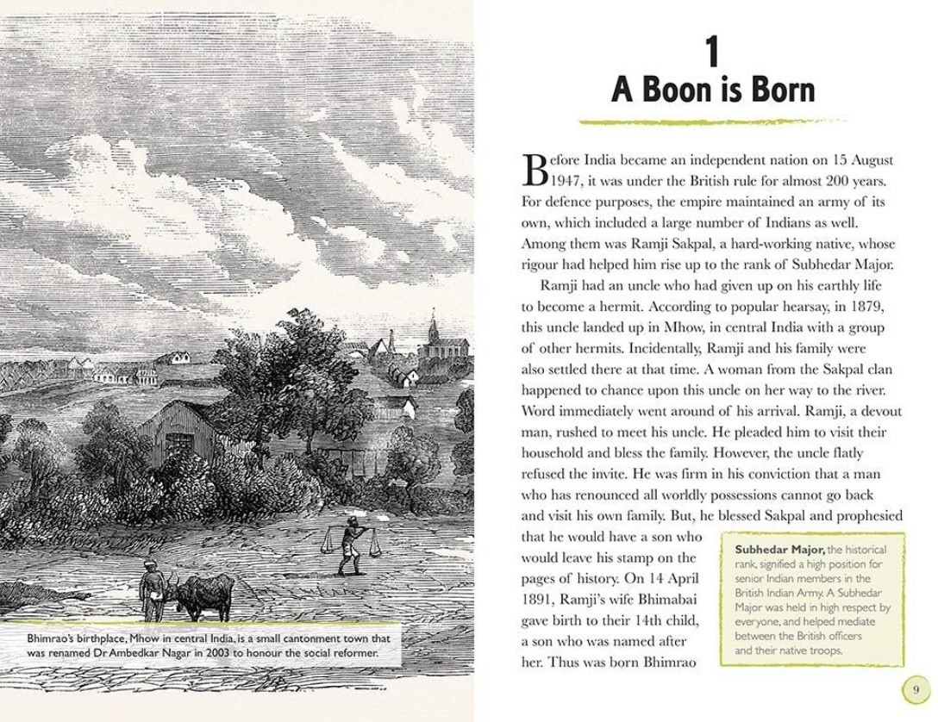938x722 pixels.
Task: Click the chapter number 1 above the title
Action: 711,53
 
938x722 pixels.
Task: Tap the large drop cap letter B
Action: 535,171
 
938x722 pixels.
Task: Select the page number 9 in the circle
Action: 915,691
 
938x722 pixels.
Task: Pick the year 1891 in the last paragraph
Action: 539,599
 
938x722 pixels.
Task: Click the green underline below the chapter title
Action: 711,121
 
